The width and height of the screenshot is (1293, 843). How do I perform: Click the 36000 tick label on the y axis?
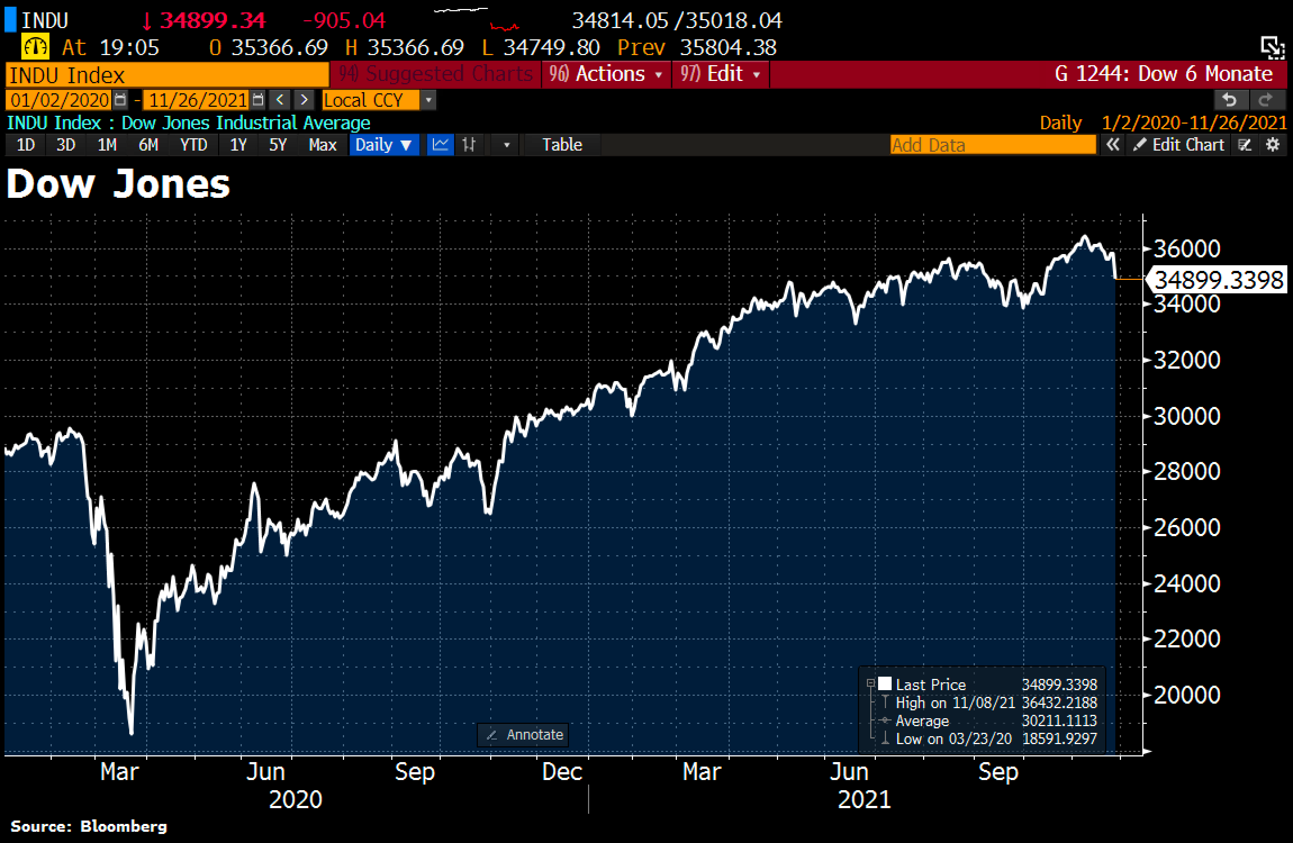point(1187,248)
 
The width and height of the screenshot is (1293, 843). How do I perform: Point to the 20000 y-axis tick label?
point(1187,695)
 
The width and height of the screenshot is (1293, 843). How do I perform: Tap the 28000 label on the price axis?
point(1187,471)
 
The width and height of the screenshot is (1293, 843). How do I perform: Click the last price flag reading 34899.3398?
point(1218,280)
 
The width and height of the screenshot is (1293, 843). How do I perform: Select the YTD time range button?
point(193,145)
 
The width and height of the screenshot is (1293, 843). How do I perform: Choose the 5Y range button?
point(278,145)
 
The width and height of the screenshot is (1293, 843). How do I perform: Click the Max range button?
point(322,145)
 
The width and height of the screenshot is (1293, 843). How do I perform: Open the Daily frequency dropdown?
point(384,145)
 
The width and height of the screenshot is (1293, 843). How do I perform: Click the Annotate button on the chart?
point(523,735)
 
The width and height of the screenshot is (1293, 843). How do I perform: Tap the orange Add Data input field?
point(993,145)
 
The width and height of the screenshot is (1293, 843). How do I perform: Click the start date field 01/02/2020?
point(60,101)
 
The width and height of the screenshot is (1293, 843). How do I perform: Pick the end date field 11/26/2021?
point(197,101)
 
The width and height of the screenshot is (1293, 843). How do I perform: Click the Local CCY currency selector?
point(371,101)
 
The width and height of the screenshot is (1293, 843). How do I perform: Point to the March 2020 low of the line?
point(132,733)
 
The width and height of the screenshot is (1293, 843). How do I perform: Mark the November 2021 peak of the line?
point(1084,237)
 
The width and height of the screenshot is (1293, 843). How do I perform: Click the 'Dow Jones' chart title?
point(118,184)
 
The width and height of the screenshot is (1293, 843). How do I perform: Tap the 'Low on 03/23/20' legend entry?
point(953,738)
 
